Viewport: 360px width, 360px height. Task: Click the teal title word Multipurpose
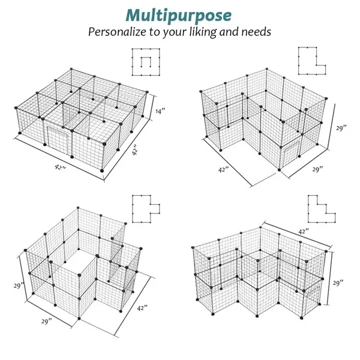[178, 16]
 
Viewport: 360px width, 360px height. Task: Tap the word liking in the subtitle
[203, 32]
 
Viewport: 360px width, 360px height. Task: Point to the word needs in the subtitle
[256, 32]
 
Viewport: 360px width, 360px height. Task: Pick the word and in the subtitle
[229, 32]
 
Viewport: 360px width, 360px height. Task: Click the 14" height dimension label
[160, 111]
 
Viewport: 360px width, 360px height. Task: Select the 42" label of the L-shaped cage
[223, 170]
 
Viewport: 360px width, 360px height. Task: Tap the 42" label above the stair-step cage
[303, 232]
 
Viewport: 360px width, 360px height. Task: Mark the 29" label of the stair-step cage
[338, 283]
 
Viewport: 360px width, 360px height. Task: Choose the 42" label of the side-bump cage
[142, 308]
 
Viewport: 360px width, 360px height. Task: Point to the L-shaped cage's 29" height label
[341, 128]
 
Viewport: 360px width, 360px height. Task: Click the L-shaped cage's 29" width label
[317, 169]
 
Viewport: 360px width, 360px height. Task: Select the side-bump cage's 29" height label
[19, 286]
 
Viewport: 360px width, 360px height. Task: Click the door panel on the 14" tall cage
[58, 139]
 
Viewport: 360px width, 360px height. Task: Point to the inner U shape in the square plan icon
[146, 58]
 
